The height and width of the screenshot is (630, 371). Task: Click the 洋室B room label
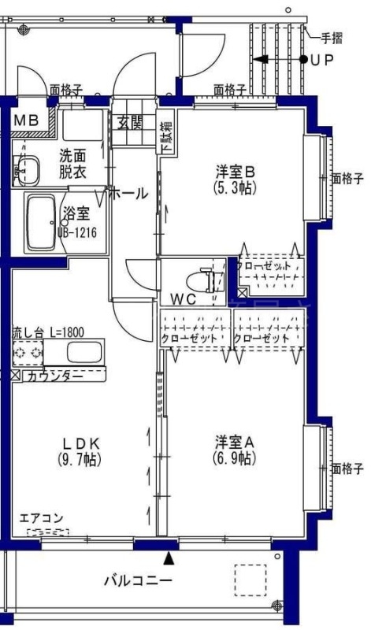[x=235, y=172]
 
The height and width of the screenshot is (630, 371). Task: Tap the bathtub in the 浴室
[x=39, y=224]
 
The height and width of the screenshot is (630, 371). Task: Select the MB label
[x=25, y=120]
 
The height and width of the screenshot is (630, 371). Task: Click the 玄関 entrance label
[x=130, y=122]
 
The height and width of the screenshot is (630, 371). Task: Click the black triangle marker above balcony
[x=169, y=559]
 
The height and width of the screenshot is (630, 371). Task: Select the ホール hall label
[x=128, y=193]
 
